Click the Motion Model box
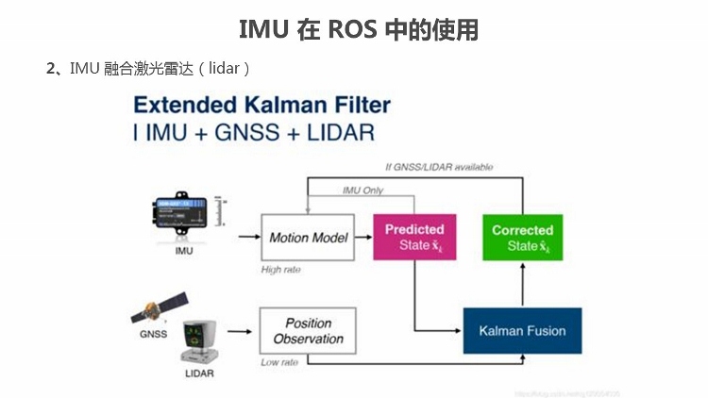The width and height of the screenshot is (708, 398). (308, 238)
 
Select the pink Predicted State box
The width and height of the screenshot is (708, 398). (414, 238)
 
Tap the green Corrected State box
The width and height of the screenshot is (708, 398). (522, 238)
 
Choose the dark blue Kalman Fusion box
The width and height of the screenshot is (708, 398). (522, 331)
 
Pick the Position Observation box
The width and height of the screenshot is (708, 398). (308, 331)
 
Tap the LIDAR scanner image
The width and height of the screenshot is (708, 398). (199, 340)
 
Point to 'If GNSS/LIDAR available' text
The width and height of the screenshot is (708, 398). (439, 167)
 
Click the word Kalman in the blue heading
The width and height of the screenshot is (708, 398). (274, 105)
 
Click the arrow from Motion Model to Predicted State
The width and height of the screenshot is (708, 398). (363, 238)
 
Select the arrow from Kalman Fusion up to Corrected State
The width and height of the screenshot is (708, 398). (522, 285)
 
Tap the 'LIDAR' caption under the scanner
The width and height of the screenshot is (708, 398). (199, 373)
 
